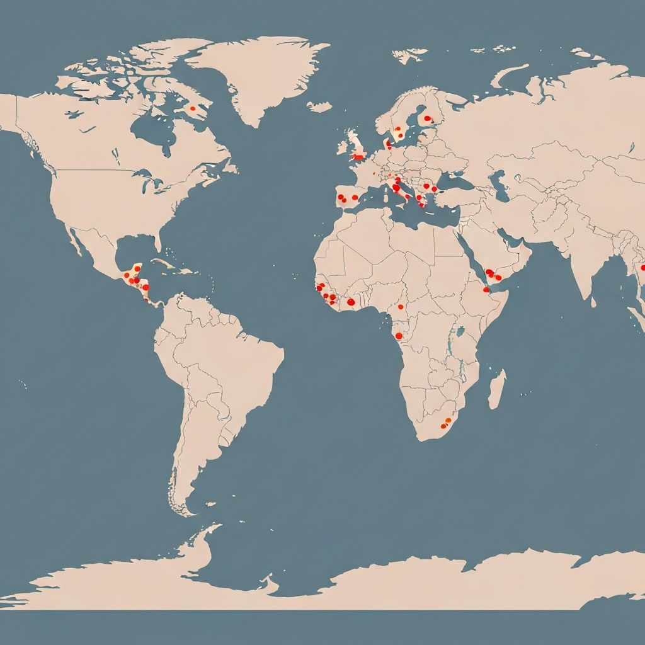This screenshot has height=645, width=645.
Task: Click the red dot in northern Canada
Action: coord(193,108)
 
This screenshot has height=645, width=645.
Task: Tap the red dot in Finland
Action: coord(428,118)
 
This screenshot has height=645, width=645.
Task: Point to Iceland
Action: coord(319,106)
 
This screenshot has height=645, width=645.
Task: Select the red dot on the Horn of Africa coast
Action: coord(486,290)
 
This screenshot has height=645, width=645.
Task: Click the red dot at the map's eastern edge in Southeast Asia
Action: coord(642,267)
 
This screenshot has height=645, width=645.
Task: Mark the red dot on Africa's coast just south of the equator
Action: coord(399,336)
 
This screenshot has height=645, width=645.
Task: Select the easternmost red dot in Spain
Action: coord(355,197)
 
